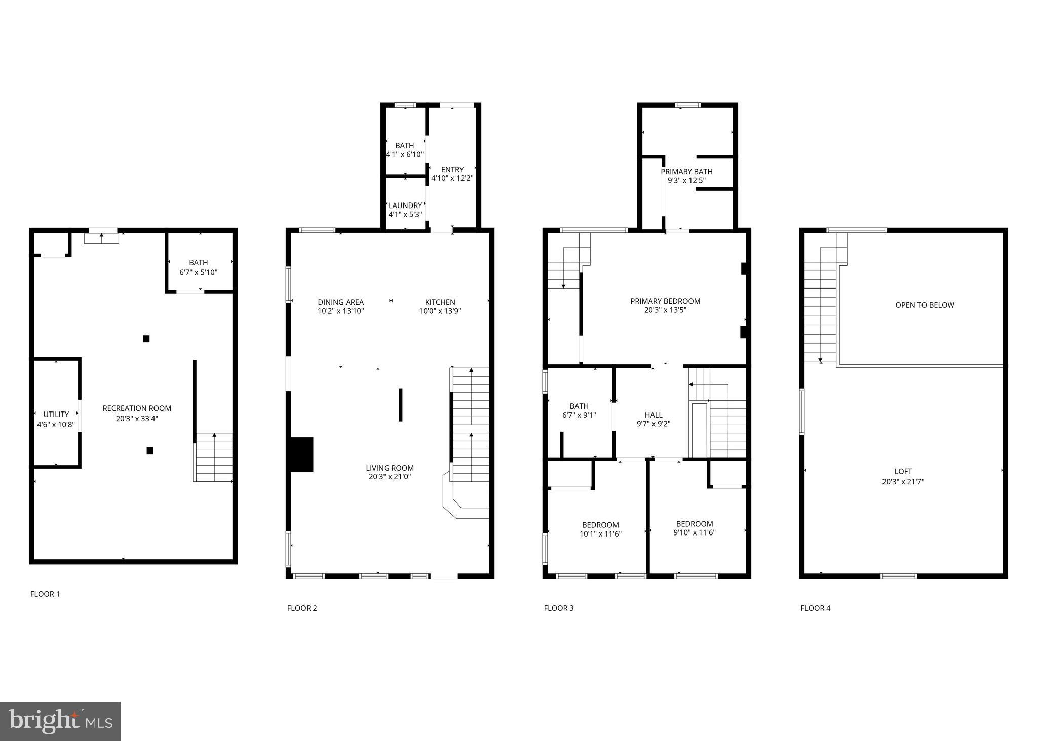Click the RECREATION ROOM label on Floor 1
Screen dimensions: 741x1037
pos(137,408)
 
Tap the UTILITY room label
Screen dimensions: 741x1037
pos(56,415)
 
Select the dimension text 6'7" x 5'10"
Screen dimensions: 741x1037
pos(199,272)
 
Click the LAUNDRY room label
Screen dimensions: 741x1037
pos(405,205)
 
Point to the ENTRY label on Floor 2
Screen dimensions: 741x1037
pos(452,170)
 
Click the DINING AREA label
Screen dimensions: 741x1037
pos(341,302)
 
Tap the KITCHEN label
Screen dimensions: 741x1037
pos(440,302)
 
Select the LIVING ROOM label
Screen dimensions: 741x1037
pos(390,468)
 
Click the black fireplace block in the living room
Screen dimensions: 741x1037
pos(301,455)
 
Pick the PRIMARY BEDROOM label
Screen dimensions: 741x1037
pos(665,301)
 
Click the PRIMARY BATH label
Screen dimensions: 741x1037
pos(686,172)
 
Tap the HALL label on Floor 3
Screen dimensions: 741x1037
pos(654,415)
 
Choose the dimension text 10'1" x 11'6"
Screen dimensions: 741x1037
pos(600,533)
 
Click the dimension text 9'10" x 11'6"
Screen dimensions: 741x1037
pos(695,532)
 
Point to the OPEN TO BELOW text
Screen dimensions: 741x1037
pos(925,305)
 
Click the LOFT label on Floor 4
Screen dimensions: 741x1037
pos(903,472)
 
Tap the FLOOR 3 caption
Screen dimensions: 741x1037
pos(559,608)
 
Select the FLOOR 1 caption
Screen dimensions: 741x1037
pos(45,594)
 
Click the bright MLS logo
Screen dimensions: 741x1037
pos(60,721)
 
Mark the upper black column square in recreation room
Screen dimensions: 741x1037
pos(146,339)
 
